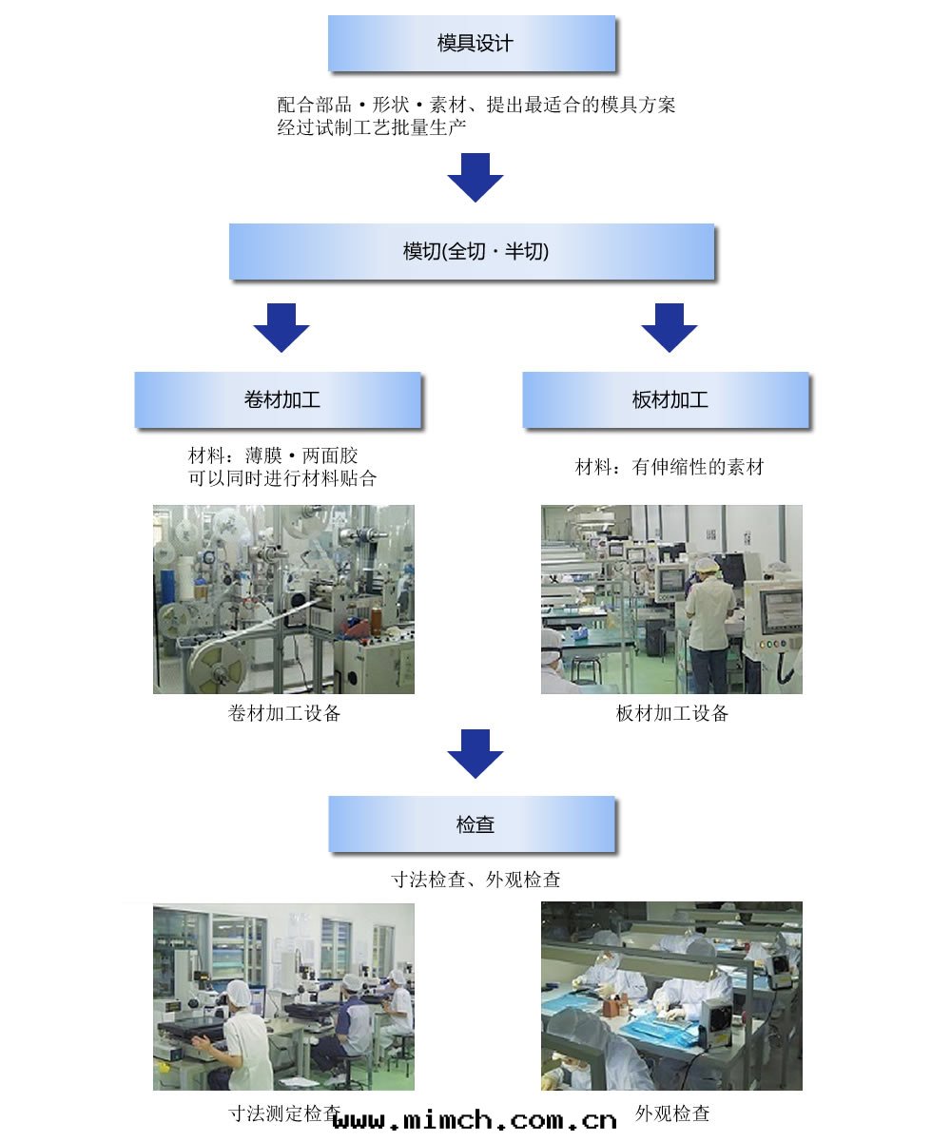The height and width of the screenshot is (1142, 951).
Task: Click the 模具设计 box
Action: point(473,44)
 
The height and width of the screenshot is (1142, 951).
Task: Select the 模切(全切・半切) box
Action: point(472,252)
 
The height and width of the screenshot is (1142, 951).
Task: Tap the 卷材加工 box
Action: point(278,400)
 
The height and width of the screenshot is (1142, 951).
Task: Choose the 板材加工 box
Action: point(666,400)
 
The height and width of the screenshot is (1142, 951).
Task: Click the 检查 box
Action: point(473,824)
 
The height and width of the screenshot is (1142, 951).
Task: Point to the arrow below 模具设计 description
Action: point(475,177)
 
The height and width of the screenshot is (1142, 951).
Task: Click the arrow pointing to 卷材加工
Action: point(281,327)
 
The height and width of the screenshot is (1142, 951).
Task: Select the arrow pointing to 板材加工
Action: point(670,327)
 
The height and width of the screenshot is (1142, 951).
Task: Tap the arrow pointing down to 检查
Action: point(475,753)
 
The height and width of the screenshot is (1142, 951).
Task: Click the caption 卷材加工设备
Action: point(284,713)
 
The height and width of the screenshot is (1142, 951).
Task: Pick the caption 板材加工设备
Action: point(672,713)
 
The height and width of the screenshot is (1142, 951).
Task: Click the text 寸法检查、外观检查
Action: point(476,880)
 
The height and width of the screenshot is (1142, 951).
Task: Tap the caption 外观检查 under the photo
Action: point(672,1113)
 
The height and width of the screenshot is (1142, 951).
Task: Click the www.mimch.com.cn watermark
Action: point(475,1120)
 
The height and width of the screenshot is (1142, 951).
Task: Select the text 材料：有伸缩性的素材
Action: point(670,467)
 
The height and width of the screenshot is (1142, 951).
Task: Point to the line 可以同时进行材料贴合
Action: point(282,478)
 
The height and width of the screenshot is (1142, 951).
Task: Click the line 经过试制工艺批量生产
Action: point(372,127)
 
